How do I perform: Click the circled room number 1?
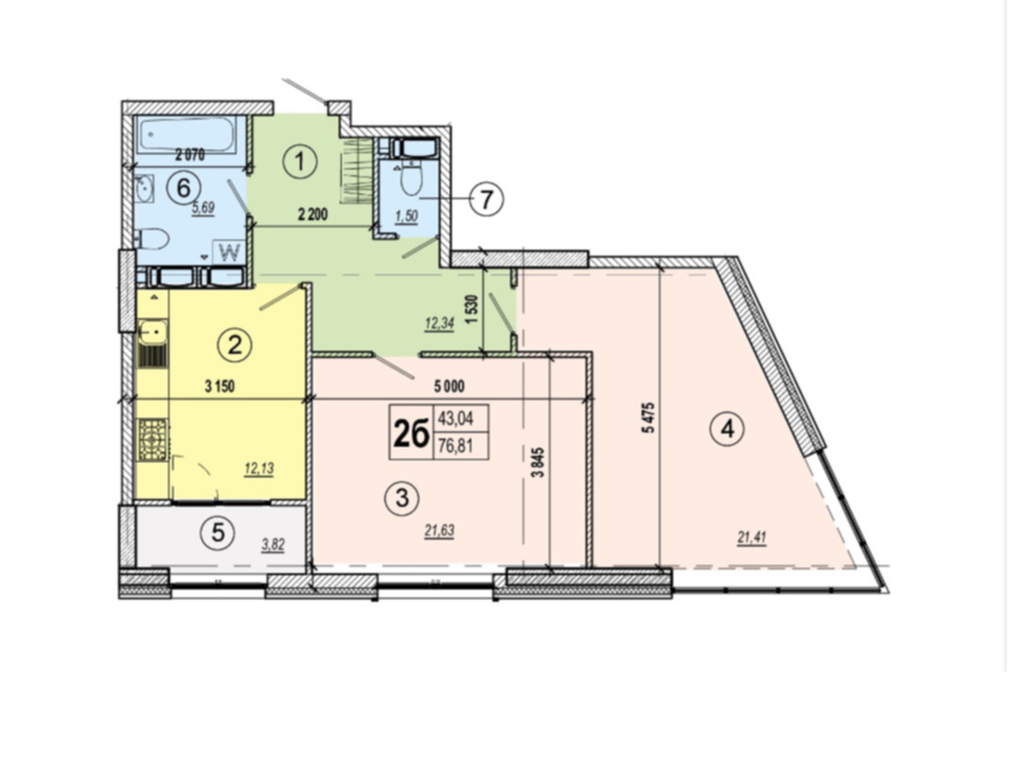pos(300,162)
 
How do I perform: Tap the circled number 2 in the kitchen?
pos(234,344)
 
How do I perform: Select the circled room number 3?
pos(402,499)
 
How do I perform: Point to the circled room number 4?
pos(727,430)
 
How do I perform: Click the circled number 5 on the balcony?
pos(218,533)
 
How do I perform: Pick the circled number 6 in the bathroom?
pos(183,188)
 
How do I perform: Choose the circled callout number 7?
pos(486,199)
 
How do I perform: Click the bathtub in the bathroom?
pos(186,135)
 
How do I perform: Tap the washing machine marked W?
pos(229,252)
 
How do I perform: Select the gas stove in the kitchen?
pos(153,440)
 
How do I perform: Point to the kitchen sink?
pos(153,333)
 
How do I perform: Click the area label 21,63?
pos(439,532)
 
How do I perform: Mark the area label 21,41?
pos(752,538)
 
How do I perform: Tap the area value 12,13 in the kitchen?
pos(258,469)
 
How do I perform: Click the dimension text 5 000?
pos(450,387)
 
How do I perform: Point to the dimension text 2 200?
pos(313,214)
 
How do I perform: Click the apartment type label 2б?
pos(411,434)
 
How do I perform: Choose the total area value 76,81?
pos(455,447)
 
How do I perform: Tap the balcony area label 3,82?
pos(273,545)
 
